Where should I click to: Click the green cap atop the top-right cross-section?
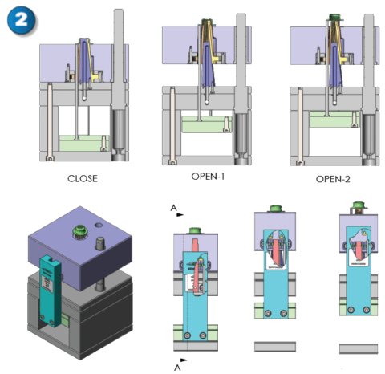coord(333,16)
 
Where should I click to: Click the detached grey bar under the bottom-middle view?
coord(273,347)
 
